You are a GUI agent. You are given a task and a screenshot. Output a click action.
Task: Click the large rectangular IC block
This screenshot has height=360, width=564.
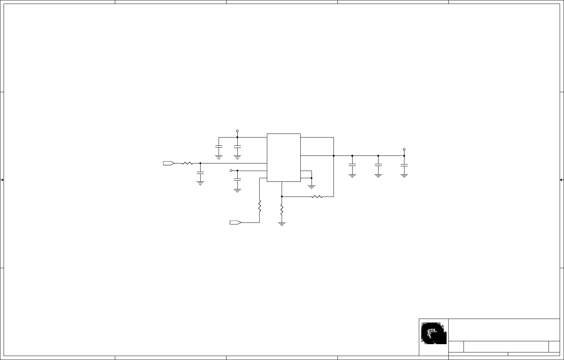[283, 157]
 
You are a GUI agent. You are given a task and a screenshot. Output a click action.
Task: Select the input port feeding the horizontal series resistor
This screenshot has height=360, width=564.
[169, 163]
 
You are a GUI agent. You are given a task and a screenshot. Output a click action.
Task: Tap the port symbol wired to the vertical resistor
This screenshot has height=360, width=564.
[235, 222]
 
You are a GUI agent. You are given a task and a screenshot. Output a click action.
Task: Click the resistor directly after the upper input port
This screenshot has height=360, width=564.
[187, 163]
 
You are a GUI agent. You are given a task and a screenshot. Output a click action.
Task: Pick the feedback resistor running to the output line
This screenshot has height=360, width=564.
[317, 197]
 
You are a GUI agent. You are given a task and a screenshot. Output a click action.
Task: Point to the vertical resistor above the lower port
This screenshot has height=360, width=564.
[259, 206]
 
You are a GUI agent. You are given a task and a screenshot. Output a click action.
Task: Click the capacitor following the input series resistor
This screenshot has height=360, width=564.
[200, 173]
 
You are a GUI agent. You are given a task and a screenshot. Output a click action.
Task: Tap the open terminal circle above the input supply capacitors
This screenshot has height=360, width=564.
[237, 131]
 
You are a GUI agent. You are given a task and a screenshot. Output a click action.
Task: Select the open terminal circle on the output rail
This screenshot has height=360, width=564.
[404, 149]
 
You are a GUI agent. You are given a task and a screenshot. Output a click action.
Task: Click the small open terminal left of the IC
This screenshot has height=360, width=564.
[231, 171]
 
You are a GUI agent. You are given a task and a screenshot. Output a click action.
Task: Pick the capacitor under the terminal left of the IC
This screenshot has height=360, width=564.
[237, 179]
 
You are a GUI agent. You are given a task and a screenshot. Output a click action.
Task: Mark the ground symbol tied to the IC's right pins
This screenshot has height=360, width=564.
[312, 187]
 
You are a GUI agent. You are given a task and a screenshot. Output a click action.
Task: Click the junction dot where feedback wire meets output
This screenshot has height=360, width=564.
[334, 156]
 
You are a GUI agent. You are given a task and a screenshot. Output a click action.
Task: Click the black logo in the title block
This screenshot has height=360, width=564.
[434, 333]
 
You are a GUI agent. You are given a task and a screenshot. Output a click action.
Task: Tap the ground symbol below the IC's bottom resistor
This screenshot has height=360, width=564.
[282, 224]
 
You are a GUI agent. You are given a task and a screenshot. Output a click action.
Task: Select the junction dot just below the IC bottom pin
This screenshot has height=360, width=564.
[282, 197]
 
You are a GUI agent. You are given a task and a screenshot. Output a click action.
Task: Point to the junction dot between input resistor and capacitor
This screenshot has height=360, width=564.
[200, 163]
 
